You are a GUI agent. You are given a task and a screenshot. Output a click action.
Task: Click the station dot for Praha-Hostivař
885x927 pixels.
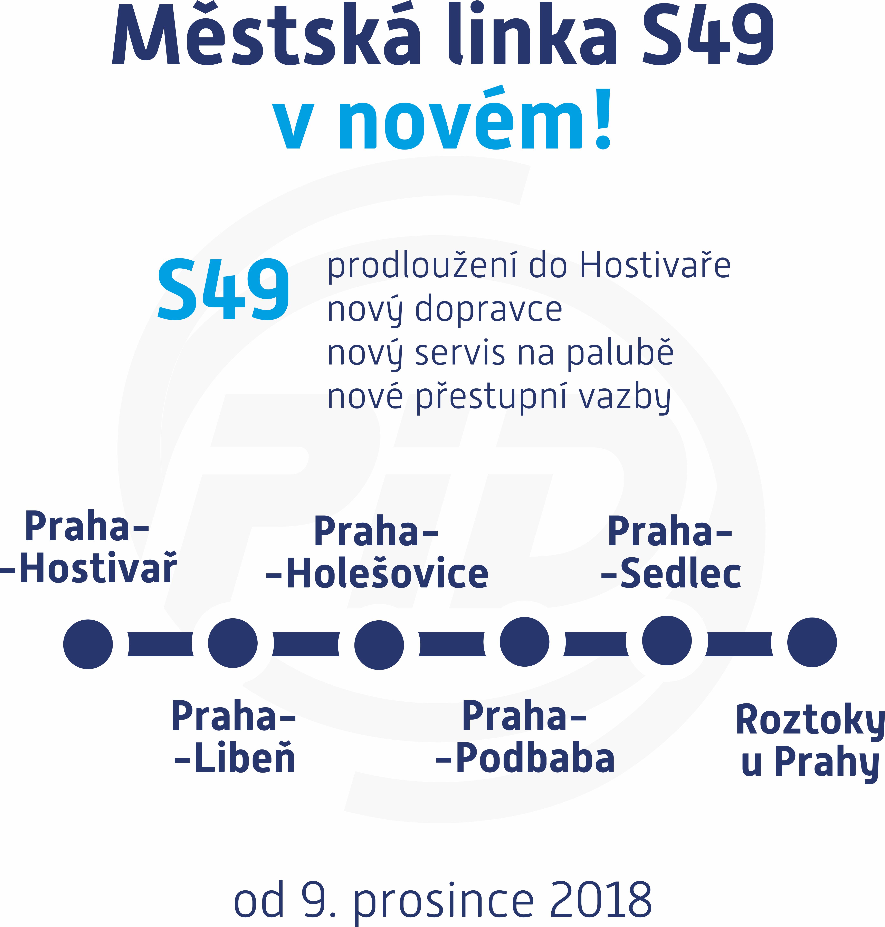[88, 644]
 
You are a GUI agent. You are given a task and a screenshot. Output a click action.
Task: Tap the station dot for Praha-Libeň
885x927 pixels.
[232, 643]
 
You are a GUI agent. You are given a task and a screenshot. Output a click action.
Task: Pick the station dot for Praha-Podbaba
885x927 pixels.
[525, 642]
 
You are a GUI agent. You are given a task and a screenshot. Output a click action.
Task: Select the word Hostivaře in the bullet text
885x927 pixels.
[655, 265]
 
